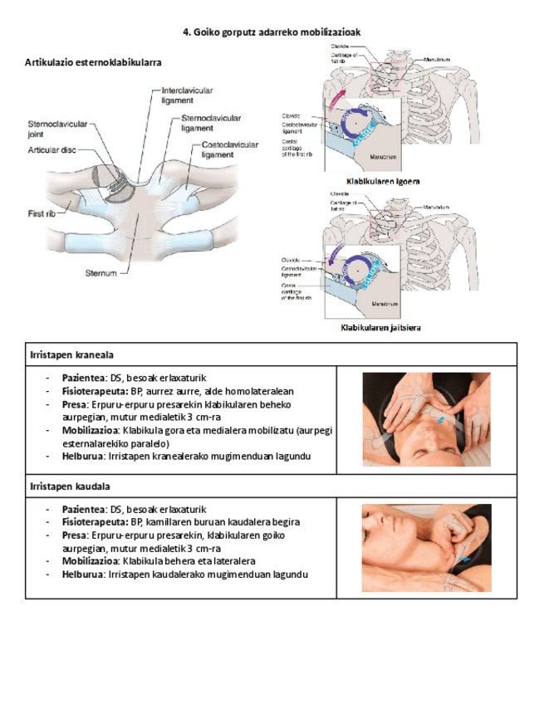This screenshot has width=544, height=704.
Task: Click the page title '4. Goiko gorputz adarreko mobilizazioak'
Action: [272, 32]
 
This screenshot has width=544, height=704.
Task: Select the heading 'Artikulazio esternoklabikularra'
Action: [93, 62]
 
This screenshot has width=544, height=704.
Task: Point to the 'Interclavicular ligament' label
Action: [187, 94]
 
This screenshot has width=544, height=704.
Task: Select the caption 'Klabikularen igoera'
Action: [383, 181]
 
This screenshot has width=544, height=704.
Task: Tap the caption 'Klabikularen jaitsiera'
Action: [381, 328]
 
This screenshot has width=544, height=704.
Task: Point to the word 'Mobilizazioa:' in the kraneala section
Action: [90, 431]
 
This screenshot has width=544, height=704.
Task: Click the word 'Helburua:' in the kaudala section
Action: [83, 574]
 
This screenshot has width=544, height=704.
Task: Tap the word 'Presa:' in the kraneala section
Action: [76, 404]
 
